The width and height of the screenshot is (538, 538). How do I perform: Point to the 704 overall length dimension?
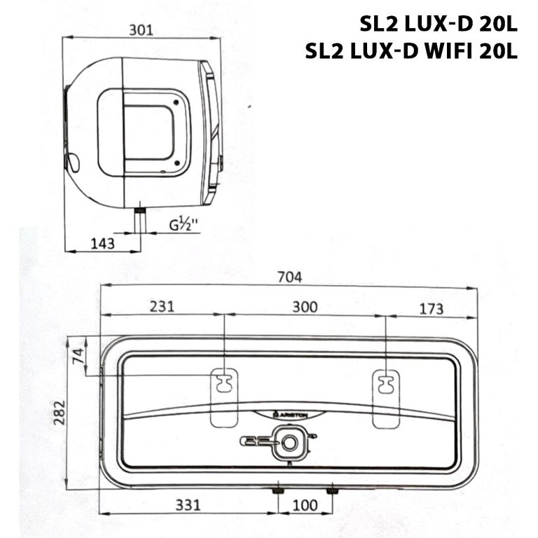[x=289, y=277]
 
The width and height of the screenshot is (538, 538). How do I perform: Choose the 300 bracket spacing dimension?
[x=305, y=306]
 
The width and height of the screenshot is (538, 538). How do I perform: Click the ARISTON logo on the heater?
[x=290, y=415]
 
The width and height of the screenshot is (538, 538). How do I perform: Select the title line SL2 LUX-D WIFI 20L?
[x=412, y=52]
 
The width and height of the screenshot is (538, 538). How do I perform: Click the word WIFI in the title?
[x=453, y=52]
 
